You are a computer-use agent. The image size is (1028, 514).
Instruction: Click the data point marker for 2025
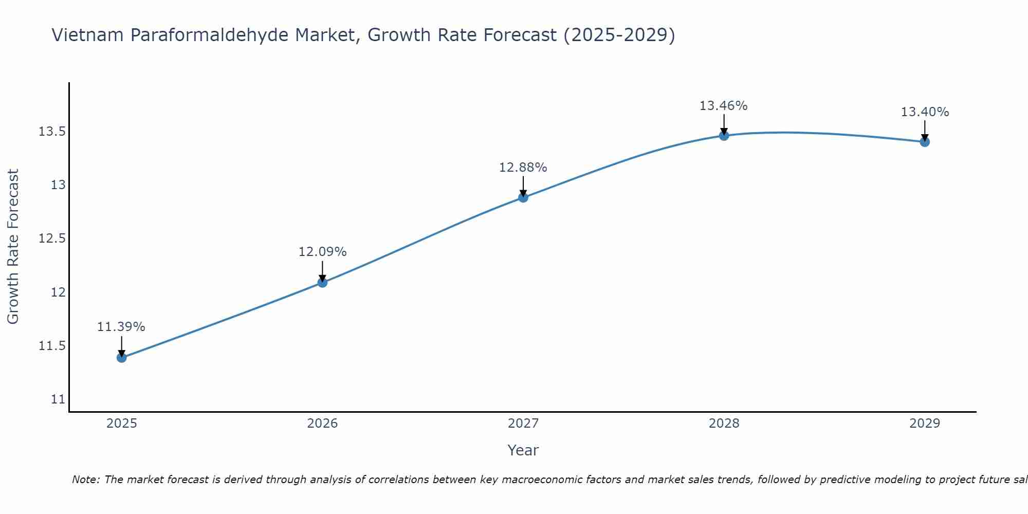point(122,357)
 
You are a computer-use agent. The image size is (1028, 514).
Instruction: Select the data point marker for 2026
point(322,282)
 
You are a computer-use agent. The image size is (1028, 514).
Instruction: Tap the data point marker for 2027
point(523,197)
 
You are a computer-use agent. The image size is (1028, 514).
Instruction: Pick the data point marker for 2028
point(724,136)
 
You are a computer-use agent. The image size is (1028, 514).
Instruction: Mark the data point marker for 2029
point(925,142)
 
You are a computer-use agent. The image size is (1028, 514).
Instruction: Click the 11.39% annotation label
point(121,327)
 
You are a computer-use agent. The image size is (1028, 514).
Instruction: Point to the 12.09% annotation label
point(322,252)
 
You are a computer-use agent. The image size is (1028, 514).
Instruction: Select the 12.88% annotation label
point(523,168)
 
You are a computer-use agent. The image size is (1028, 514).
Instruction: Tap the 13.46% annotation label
point(724,106)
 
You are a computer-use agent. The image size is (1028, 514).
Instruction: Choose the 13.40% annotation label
point(925,112)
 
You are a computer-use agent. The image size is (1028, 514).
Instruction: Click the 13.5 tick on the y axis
point(52,132)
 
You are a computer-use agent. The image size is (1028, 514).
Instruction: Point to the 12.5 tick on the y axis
point(52,239)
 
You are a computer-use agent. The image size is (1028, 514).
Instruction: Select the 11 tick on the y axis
point(58,399)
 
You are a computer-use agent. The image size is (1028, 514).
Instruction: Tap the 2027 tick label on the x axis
point(523,424)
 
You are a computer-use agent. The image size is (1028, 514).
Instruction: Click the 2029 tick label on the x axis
point(925,424)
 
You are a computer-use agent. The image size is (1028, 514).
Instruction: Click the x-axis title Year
point(523,450)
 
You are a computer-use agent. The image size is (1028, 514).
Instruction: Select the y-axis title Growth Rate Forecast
point(13,247)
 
